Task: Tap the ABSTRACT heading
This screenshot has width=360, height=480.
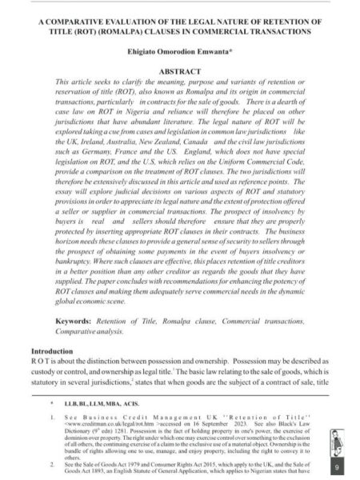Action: coord(180,71)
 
